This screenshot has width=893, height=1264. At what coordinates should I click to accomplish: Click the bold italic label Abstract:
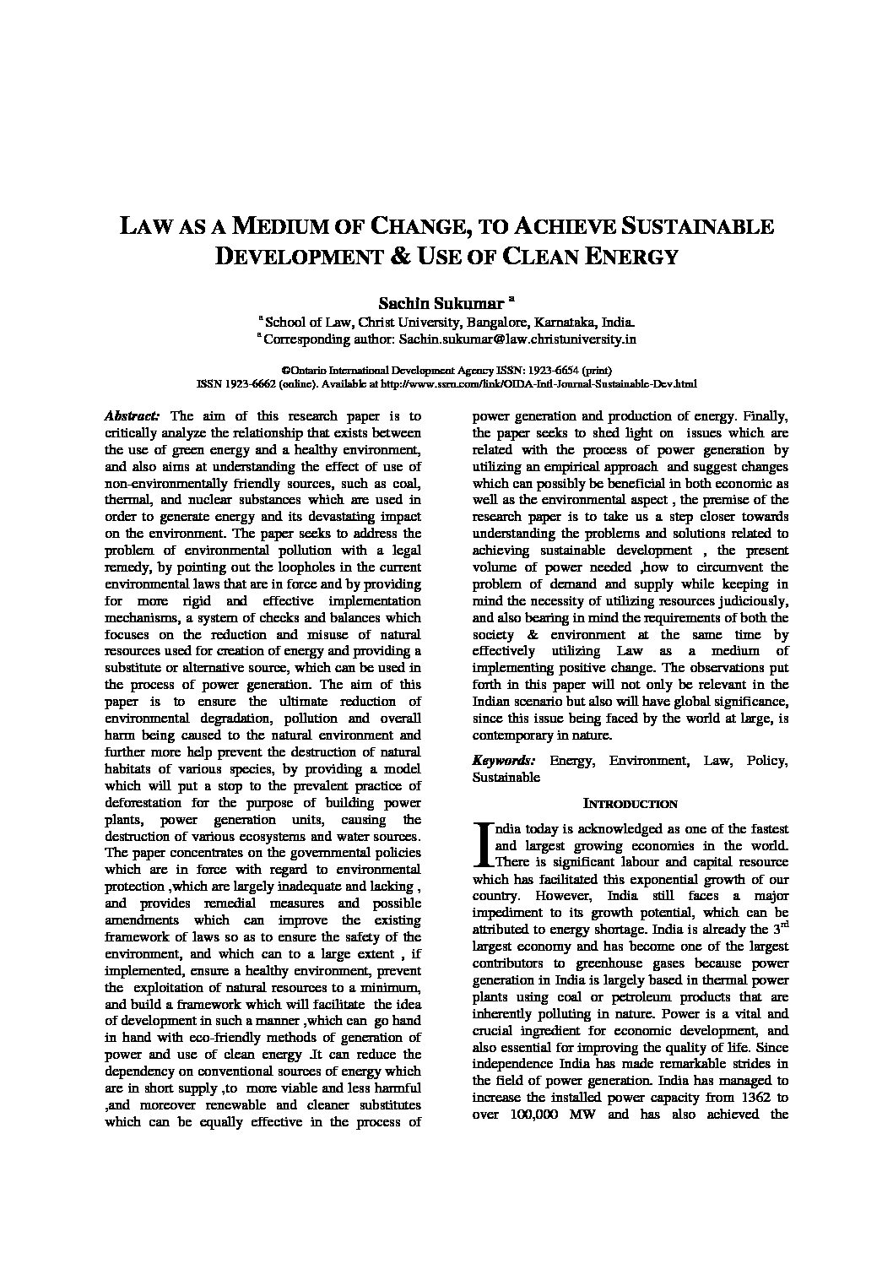click(132, 416)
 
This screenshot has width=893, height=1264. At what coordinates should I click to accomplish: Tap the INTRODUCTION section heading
click(631, 805)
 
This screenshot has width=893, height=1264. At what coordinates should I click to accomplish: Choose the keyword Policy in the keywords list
click(767, 761)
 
